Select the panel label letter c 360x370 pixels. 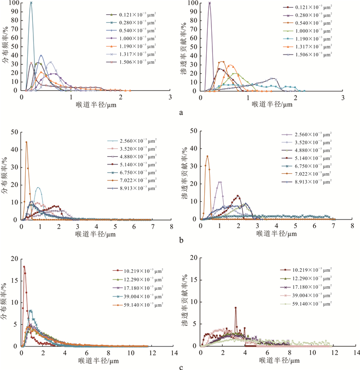click(179, 365)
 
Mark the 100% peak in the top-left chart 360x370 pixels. click(31, 3)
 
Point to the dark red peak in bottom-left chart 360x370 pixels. click(24, 266)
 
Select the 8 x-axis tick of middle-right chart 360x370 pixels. click(352, 225)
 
